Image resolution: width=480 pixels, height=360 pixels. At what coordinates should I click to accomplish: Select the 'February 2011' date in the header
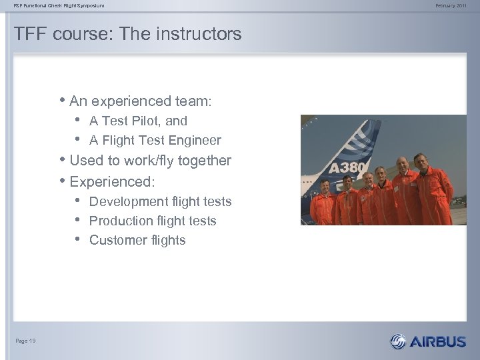coord(452,6)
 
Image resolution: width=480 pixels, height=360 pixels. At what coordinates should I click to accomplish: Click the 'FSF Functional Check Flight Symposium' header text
coord(59,6)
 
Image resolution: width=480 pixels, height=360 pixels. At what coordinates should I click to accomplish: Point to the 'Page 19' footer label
coord(25,341)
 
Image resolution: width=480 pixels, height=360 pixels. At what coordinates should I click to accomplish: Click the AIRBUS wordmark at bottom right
coord(437,342)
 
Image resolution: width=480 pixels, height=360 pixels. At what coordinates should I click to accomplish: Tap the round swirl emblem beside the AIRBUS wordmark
coord(398,341)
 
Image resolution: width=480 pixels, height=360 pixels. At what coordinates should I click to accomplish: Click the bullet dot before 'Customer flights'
coord(78,240)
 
